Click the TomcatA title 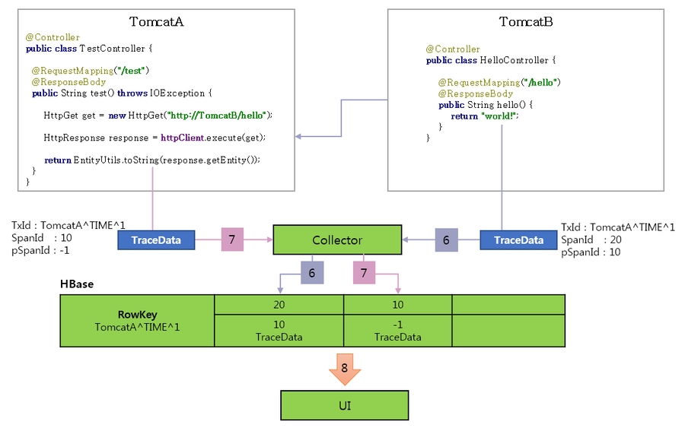(156, 21)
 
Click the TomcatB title (525, 21)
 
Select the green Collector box (337, 240)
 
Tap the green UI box (345, 405)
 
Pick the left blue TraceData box (156, 240)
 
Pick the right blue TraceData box (518, 240)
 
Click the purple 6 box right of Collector (446, 240)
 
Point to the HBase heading (77, 284)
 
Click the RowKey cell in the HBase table (137, 321)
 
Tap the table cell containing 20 (279, 304)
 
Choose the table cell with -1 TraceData (397, 331)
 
